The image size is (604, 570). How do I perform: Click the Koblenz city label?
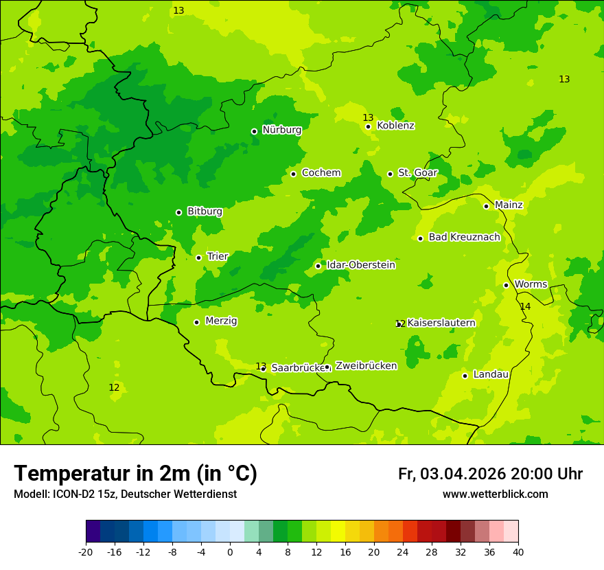point(395,126)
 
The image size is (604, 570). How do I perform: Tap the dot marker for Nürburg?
point(254,131)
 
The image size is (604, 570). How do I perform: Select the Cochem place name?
point(321,173)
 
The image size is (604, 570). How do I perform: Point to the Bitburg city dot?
point(178,212)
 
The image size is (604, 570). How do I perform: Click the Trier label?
point(217,257)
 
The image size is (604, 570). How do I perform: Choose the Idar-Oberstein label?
point(360,265)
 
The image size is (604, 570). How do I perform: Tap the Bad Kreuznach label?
point(464,238)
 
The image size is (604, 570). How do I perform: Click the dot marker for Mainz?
point(486,206)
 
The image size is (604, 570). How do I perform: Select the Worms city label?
point(531,284)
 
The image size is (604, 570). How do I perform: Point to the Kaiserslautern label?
point(441,323)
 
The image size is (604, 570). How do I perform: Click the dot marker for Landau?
point(465,376)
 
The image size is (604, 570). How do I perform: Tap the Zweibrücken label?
point(366,366)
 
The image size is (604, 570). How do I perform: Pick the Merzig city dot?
point(196,322)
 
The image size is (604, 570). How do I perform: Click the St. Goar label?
point(417,173)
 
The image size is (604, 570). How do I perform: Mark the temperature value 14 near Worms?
point(525,306)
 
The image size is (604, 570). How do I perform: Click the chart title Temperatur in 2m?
point(135,474)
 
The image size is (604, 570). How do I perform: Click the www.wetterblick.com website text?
point(495,494)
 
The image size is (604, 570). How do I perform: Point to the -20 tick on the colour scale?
point(86,551)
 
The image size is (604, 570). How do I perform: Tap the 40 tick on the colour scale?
point(518,551)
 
